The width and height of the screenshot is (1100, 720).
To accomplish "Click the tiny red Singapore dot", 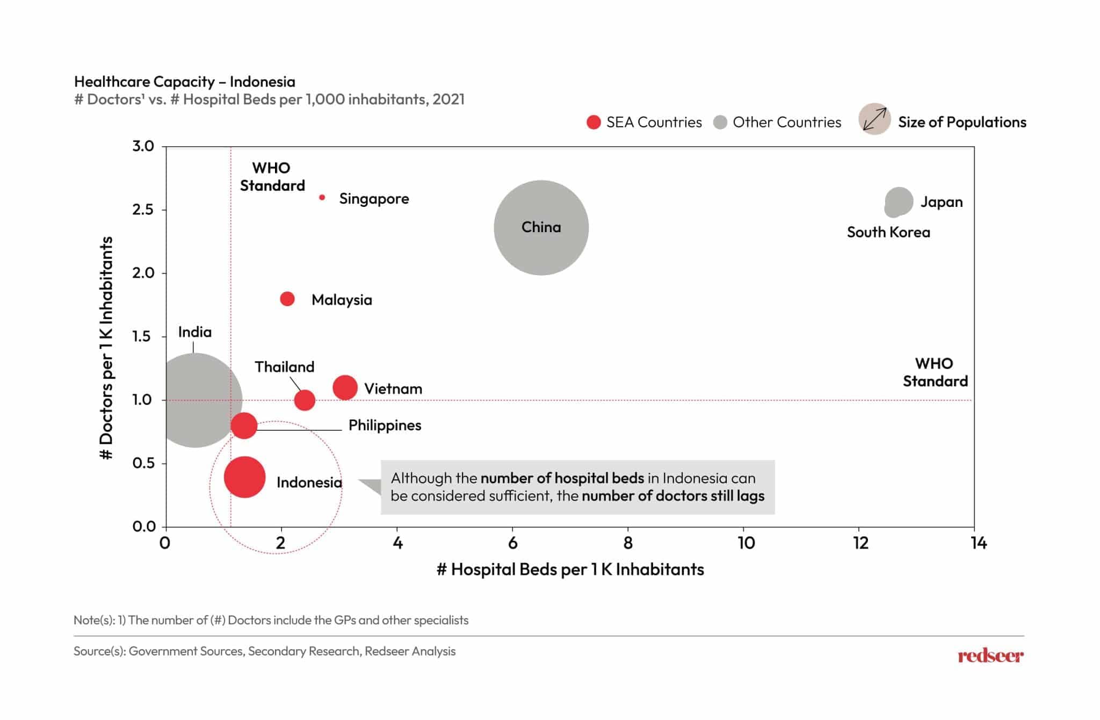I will pos(322,198).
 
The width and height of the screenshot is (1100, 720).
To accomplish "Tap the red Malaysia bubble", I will pos(287,299).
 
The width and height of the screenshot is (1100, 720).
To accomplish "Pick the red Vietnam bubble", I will pos(345,387).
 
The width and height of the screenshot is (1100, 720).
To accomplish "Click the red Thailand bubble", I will pos(305,400).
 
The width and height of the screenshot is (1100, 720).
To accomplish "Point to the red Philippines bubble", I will pos(244,426).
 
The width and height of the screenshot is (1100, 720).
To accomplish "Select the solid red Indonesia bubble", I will pos(244,477).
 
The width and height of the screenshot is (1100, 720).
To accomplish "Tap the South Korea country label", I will pos(888,232).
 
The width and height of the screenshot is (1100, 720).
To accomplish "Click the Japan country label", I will pos(941,202).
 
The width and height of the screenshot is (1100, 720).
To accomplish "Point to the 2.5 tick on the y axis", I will pos(143,210).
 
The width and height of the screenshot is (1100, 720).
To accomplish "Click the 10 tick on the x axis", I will pos(746,543).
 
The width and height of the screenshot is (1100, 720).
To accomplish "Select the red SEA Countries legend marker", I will pos(594,123).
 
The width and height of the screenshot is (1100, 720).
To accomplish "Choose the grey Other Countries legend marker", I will pos(720,123).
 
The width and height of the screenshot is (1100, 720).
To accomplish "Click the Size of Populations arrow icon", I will pos(874,119).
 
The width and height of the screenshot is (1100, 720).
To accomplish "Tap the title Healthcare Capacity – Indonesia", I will pos(185,82).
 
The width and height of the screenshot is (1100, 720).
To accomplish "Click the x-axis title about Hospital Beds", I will pos(570,570).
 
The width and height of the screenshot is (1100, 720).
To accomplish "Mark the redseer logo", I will pos(990,656).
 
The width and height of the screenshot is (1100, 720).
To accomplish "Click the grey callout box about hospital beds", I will pos(577,487).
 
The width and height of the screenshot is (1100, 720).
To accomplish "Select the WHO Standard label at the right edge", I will pos(935,372).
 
